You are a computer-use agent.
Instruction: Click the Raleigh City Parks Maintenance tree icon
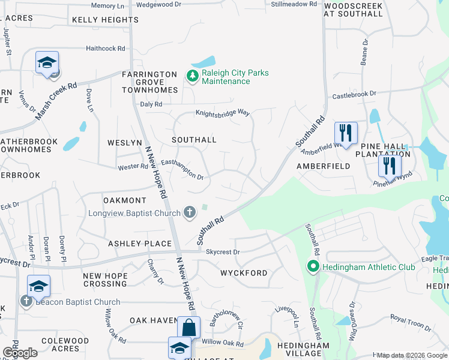(x=192, y=76)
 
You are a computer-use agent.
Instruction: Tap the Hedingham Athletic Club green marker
(x=312, y=266)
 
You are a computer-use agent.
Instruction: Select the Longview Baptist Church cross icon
(x=190, y=212)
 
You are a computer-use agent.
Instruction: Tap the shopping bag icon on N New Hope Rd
(x=188, y=328)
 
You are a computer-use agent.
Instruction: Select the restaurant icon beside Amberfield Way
(x=346, y=132)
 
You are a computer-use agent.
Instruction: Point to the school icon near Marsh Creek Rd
(x=47, y=62)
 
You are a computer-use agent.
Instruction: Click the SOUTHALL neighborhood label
(x=194, y=139)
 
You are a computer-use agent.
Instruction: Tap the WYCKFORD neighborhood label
(x=244, y=273)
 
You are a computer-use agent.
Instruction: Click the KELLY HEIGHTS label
(x=105, y=20)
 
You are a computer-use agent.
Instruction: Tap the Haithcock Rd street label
(x=106, y=48)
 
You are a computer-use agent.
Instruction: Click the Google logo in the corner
(x=20, y=352)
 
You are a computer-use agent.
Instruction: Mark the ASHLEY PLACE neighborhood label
(x=140, y=244)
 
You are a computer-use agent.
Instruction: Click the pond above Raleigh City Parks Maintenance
(x=203, y=62)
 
